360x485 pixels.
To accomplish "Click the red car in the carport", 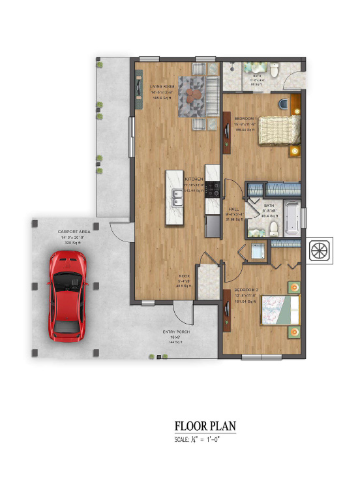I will (x=67, y=296).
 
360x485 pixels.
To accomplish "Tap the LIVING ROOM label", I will (x=161, y=86).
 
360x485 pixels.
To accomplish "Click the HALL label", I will (x=233, y=209).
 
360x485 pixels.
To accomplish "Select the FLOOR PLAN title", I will (x=205, y=426).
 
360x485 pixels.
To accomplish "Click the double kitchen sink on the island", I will (x=177, y=196).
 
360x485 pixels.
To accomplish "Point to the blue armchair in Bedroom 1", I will (x=282, y=103).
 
